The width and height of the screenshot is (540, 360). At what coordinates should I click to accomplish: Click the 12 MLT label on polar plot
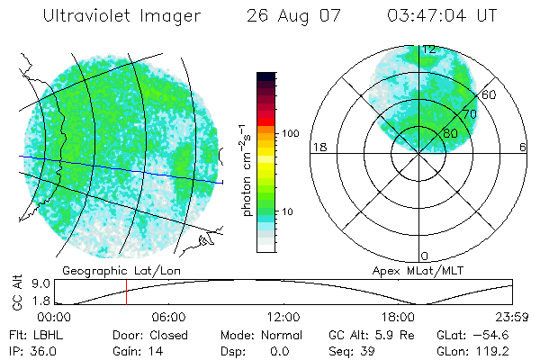coord(430,49)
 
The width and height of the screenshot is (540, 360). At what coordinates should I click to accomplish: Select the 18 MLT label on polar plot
coord(318,147)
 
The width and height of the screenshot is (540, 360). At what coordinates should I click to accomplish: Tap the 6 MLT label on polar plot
coord(522,147)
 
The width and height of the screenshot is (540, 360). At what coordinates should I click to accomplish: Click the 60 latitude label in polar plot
coord(490,94)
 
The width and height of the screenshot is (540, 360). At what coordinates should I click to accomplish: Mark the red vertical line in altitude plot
coord(126,292)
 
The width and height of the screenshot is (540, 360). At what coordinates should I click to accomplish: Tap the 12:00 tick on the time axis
coord(283,317)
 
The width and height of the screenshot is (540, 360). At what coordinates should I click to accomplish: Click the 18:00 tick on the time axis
coord(398,317)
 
